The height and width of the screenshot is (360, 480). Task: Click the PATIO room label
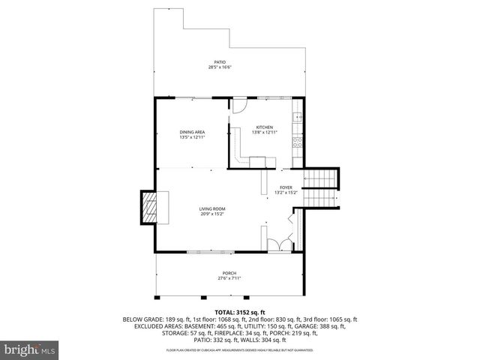click(x=220, y=62)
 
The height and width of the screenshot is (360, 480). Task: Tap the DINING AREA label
click(x=192, y=132)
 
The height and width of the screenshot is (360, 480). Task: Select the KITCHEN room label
click(x=264, y=127)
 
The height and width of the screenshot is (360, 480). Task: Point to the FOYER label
click(x=286, y=187)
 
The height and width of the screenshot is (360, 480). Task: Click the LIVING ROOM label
click(x=212, y=208)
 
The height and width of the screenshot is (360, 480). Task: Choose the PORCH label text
click(x=229, y=272)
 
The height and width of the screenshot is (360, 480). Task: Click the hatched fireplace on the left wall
click(x=149, y=207)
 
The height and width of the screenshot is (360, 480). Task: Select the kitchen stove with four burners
click(x=297, y=141)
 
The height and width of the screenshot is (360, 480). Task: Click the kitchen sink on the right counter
click(x=298, y=118)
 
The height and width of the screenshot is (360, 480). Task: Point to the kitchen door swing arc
click(x=238, y=109)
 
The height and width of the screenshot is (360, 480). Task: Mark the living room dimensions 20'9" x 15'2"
click(x=212, y=214)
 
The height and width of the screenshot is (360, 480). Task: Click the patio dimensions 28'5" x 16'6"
click(x=220, y=67)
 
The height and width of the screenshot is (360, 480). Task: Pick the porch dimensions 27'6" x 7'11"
click(x=229, y=278)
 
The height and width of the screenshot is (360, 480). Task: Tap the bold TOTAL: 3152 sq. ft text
click(x=240, y=311)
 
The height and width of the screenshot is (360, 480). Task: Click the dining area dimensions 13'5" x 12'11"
click(x=192, y=137)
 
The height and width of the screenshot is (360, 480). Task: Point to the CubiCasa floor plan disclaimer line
click(x=240, y=350)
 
